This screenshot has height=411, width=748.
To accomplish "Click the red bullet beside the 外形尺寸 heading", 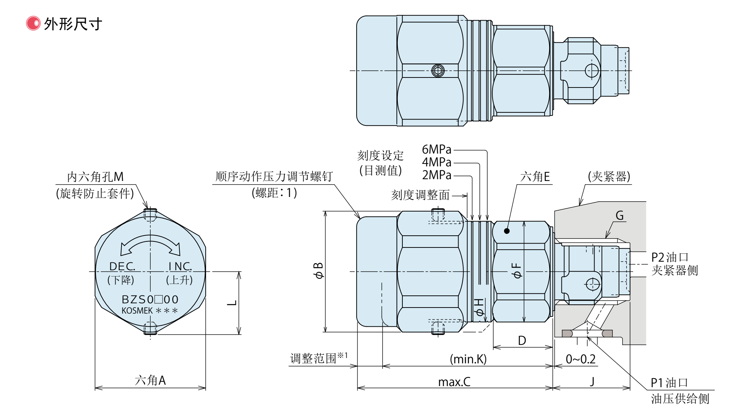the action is point(33,23).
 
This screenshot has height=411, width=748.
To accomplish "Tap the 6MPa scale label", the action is point(437,149).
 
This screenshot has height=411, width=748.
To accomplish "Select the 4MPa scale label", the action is point(437,162).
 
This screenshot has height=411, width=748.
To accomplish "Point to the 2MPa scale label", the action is point(437,175).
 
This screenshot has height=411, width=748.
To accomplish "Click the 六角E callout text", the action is point(535,177).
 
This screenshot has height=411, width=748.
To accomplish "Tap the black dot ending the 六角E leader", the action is point(507,231).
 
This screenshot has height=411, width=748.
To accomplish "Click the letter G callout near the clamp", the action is point(619,215).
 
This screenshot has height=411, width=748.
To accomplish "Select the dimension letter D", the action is point(522,341).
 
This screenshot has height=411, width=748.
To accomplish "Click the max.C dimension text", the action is point(454,382).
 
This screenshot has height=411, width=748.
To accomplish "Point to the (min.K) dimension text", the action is point(468,359).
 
